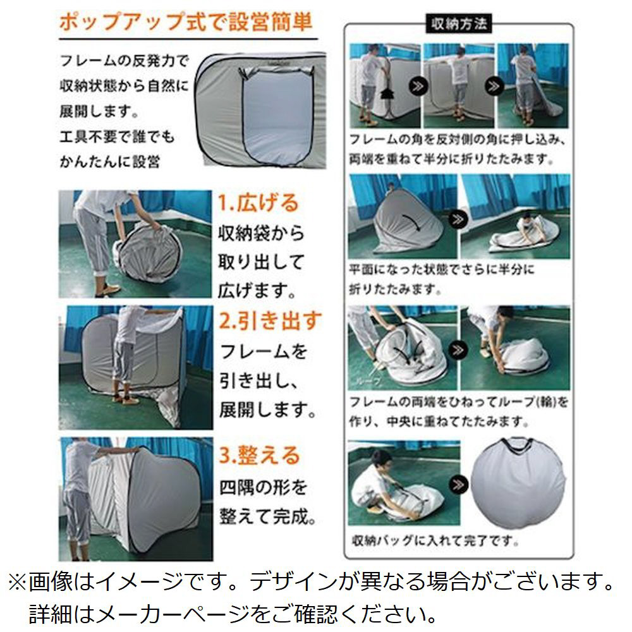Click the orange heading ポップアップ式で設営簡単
coord(186,21)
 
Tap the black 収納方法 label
coord(459,24)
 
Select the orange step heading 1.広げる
coord(258,203)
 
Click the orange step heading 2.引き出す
coord(270,321)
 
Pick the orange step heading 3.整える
coord(260,456)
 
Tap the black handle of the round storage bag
coord(517,446)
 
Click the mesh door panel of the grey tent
coord(278,117)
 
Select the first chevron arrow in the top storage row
coord(418,86)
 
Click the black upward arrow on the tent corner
coord(386,94)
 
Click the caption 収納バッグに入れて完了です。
coord(435,540)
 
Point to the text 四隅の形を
coord(263,488)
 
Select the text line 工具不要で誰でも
coord(117,137)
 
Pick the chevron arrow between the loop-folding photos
coord(458,349)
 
